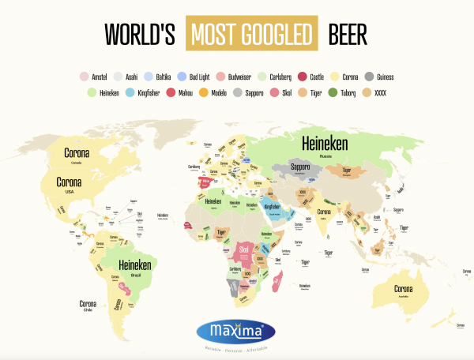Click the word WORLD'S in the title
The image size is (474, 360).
[140, 34]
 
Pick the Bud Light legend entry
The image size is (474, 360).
[194, 77]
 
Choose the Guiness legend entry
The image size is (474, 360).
[376, 77]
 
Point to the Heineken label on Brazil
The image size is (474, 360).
[134, 267]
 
